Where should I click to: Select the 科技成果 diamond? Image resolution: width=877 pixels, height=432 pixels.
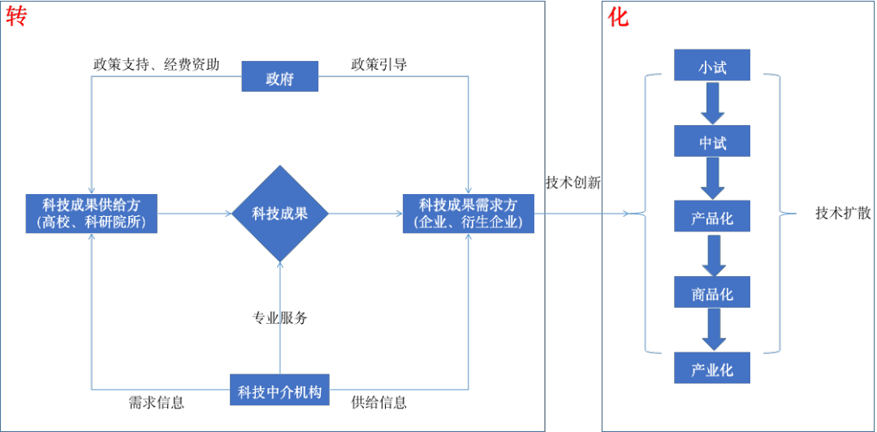(279, 214)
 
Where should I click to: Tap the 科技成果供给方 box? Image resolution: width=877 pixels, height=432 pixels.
(91, 214)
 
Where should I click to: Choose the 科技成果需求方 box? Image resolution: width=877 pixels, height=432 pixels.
(469, 214)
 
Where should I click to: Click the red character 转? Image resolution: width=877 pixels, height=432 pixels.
(16, 16)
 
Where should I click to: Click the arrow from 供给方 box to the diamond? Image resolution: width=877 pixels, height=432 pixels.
(194, 214)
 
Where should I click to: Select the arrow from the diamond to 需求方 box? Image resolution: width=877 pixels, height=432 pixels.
(365, 214)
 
